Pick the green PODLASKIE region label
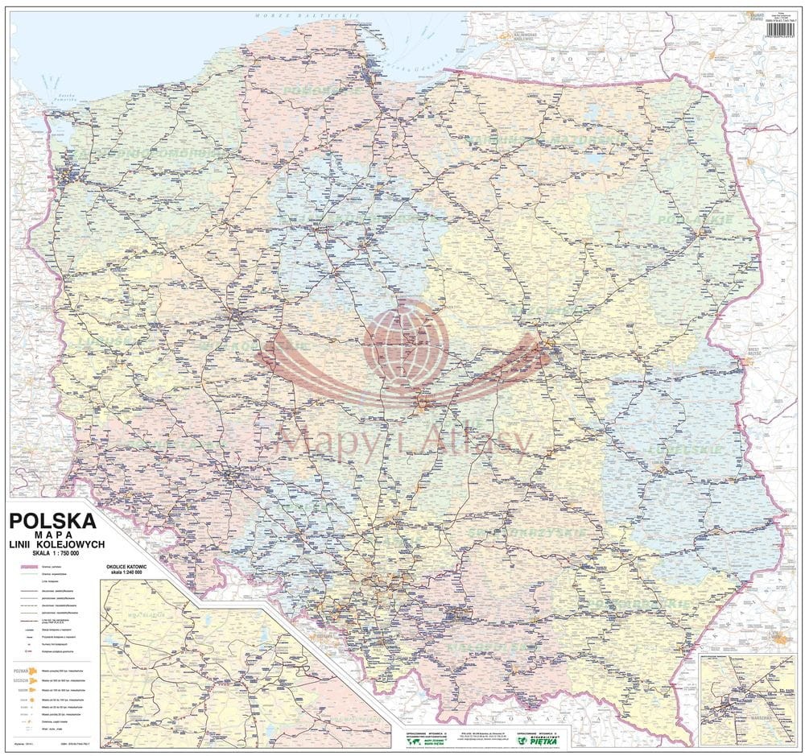(695, 218)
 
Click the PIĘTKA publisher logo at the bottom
(544, 734)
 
